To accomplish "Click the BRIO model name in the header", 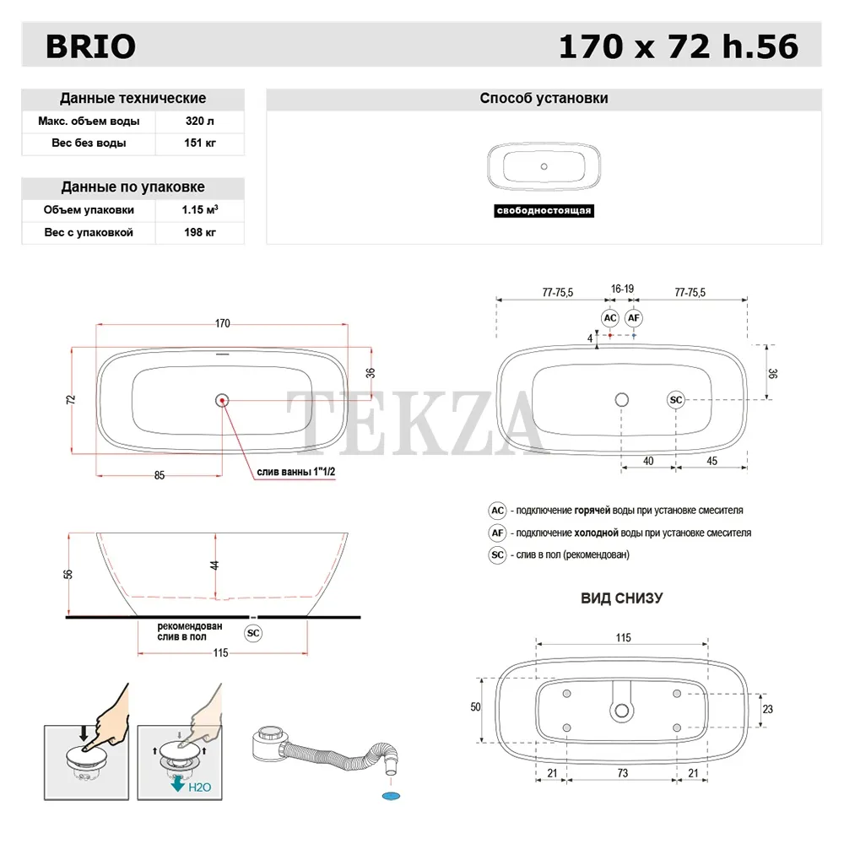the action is tap(90, 46).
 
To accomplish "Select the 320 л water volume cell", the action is tap(200, 121).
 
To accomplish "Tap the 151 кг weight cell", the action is tap(200, 143).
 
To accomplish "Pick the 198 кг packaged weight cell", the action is tap(200, 233).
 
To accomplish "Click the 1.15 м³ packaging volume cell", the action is tap(200, 209).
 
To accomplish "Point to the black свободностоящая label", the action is tap(544, 210).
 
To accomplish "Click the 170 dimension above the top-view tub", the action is tap(222, 323).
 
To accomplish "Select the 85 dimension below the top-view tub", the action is tap(160, 475).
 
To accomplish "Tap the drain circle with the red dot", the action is tap(222, 400).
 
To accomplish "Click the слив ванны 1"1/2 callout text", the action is tap(295, 472).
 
